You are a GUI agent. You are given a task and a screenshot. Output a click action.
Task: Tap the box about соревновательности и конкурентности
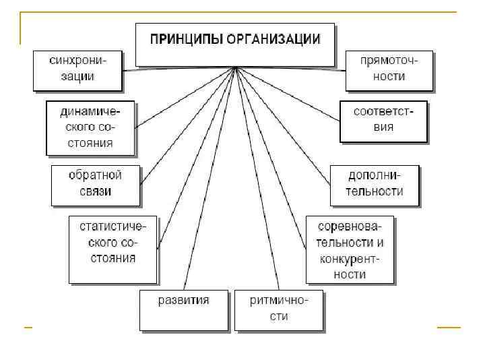click(350, 249)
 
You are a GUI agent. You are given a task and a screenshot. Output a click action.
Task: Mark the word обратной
click(95, 176)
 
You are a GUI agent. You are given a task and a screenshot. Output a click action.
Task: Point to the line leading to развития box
click(209, 179)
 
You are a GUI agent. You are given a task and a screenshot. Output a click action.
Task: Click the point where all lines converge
click(234, 67)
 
